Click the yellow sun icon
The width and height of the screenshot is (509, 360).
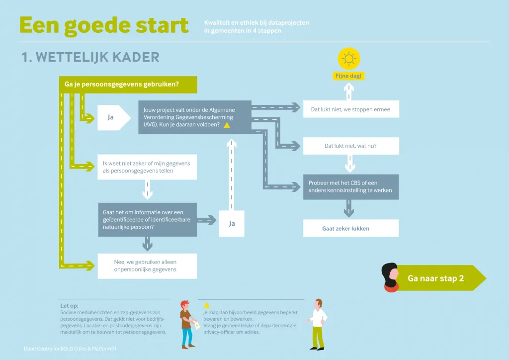349,59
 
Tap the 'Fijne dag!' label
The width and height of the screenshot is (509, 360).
348,76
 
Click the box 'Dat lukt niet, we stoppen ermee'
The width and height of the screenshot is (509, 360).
351,109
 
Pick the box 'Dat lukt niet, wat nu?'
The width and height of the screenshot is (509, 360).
351,146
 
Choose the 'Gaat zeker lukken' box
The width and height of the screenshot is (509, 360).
351,228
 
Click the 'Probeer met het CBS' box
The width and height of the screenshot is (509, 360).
351,186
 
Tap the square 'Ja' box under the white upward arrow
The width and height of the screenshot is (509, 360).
232,223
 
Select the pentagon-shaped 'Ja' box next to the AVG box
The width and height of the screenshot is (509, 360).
114,117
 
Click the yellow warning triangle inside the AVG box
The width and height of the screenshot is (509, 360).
227,125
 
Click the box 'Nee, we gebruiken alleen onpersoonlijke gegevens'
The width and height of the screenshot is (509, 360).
147,266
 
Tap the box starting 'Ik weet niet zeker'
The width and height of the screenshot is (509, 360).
147,167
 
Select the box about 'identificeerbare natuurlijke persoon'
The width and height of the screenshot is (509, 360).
147,219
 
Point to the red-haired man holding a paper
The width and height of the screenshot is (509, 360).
188,324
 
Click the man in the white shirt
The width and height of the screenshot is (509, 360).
318,324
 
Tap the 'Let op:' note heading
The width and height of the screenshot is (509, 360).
69,305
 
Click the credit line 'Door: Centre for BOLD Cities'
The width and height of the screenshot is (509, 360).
70,349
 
